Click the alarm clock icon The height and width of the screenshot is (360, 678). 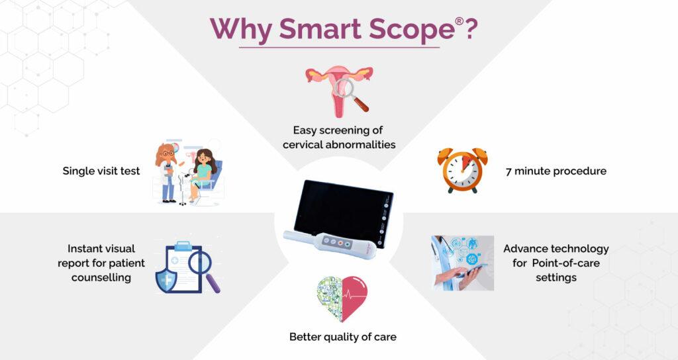coord(462,170)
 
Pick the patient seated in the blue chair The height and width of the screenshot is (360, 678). coord(203,173)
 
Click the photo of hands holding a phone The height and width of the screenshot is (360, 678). coord(462,263)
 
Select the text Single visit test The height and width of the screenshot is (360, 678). coord(101,171)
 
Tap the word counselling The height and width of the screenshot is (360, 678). coord(101,277)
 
